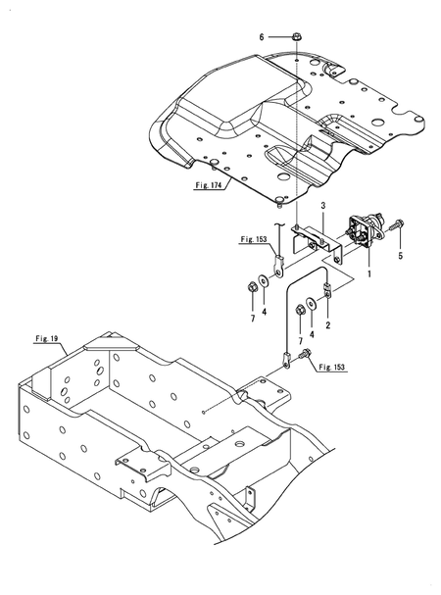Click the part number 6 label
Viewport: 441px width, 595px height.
coord(262,36)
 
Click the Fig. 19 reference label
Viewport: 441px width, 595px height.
coord(45,338)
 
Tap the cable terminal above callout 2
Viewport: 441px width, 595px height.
coord(329,290)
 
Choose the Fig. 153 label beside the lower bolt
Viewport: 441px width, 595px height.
coord(330,367)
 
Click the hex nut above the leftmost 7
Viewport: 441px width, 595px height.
coord(251,288)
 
